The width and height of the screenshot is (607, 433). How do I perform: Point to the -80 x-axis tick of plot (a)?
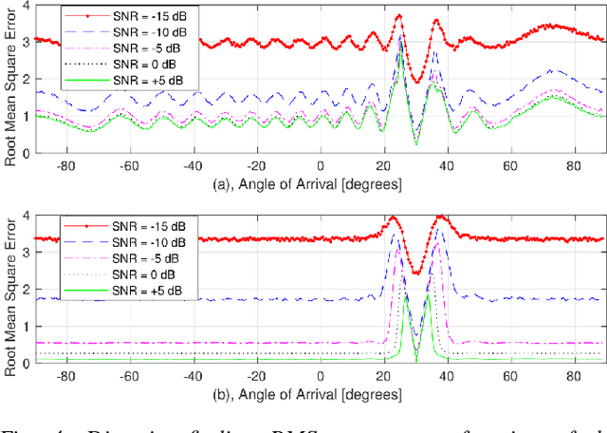[x=63, y=163]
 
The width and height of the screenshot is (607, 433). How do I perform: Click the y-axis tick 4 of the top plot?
[x=25, y=8]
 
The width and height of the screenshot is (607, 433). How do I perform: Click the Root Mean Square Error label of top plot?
[x=9, y=80]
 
